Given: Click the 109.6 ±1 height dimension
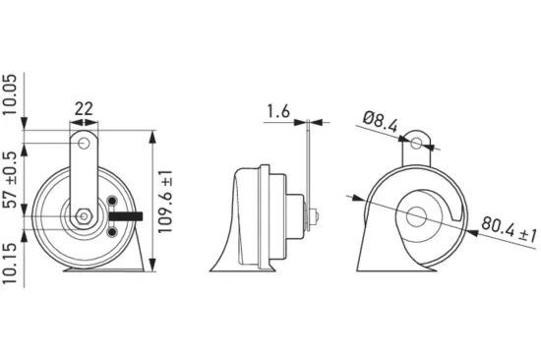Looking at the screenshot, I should [x=167, y=197].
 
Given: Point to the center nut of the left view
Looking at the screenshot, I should [x=86, y=213].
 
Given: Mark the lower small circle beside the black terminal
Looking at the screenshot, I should [x=112, y=230].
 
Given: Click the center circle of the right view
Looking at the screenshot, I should [x=418, y=218].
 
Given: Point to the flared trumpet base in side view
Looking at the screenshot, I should [x=228, y=251].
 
